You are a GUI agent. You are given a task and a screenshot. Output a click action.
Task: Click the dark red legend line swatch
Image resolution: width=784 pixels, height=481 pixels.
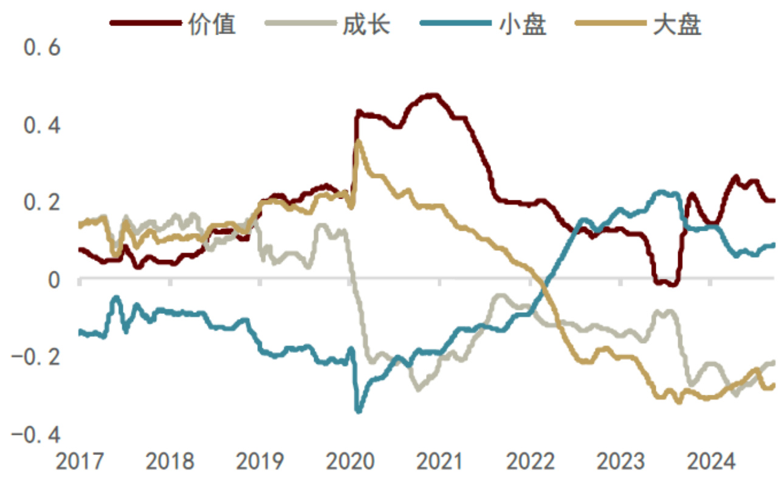coord(146,24)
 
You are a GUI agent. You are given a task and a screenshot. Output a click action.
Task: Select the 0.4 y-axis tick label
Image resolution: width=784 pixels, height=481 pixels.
coord(41,126)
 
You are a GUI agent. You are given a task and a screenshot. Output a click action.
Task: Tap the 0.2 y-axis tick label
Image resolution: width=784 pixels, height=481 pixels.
coord(41,202)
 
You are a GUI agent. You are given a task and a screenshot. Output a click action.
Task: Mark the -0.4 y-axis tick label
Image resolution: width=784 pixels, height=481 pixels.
coord(36,435)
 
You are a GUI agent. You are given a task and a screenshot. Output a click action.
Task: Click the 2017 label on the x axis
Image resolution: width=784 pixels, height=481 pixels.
coord(80,463)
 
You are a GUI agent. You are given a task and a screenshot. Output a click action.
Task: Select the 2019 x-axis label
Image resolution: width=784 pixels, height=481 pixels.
coord(260,463)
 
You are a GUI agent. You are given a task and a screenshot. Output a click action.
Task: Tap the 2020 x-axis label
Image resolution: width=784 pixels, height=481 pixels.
coord(351,463)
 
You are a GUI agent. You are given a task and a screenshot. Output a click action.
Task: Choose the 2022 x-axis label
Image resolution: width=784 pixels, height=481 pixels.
coord(531,463)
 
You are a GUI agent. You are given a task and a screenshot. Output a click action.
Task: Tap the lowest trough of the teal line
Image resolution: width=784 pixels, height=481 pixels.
coord(359,411)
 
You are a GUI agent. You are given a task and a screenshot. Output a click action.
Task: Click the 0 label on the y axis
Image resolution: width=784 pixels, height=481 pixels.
coord(55,280)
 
